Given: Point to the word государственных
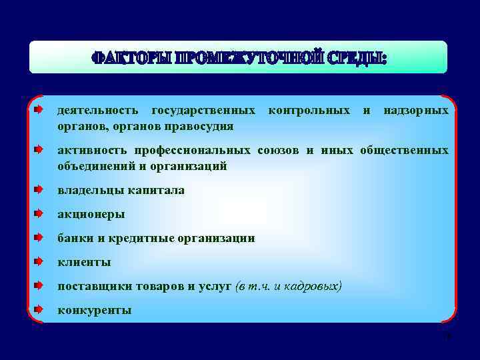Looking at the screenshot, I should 203,109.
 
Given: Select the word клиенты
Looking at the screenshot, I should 84,262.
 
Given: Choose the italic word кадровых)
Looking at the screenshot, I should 313,286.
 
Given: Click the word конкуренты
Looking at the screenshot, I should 94,310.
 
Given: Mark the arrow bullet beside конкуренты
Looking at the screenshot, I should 39,309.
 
